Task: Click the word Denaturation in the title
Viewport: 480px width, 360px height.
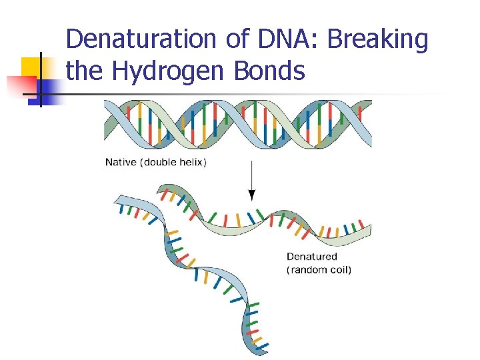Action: point(141,39)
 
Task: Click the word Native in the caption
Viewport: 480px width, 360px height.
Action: point(121,162)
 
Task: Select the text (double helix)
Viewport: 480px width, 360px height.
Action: point(173,162)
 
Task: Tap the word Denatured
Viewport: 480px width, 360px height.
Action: point(312,257)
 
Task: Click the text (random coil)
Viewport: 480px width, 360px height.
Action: point(319,270)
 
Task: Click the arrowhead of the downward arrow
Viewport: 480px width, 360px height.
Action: point(251,195)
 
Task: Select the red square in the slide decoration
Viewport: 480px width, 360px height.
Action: point(22,86)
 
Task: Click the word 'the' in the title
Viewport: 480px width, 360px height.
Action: point(84,70)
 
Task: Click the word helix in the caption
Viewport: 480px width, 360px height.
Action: point(191,162)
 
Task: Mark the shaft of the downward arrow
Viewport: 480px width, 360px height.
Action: point(251,175)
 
